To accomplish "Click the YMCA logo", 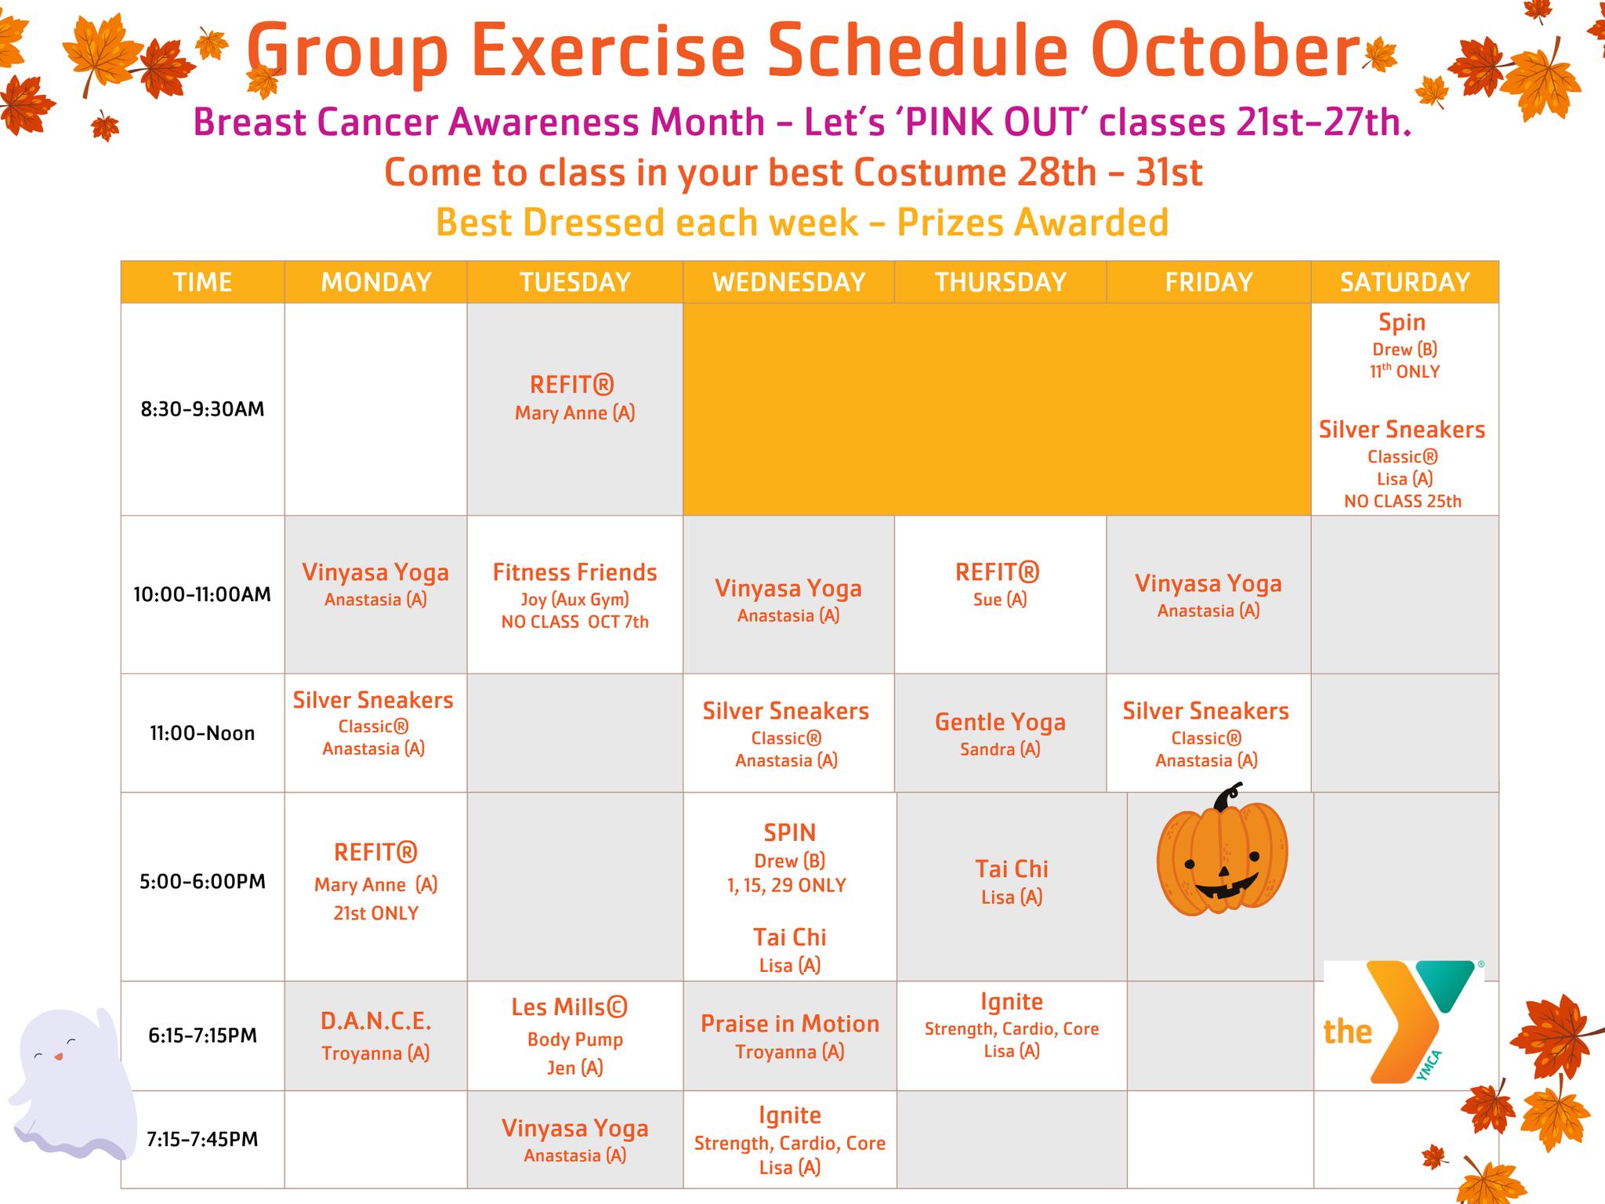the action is pos(1403,1022).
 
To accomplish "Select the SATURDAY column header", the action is pos(1404,282).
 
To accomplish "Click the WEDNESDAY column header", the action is pos(788,282).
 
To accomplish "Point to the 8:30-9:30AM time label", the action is pos(202,409).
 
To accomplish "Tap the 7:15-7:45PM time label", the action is pos(202,1139).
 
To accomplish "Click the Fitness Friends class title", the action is pos(574,572).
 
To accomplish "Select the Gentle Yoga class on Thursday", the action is pos(1000,722).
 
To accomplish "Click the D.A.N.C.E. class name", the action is pos(375,1021).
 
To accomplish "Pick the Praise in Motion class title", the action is pos(790,1024).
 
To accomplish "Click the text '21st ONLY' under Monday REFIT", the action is pos(375,913).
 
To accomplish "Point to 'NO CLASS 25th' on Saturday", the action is pos(1403,502).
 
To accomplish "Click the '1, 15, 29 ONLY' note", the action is pos(787,886).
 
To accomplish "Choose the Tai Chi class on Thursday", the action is pos(1012,869).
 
